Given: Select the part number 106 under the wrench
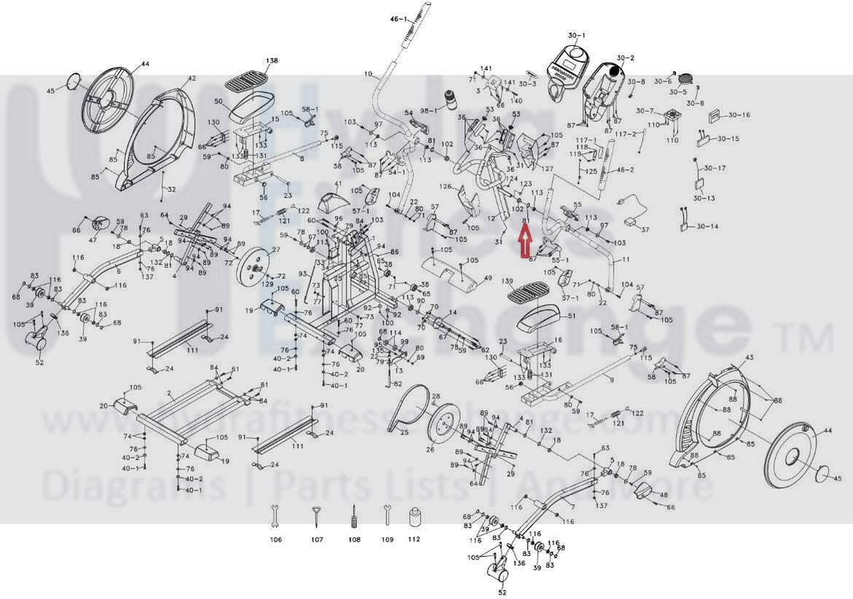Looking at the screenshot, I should [276, 540].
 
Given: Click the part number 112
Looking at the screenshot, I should [414, 540].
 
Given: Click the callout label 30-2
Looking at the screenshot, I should [626, 58].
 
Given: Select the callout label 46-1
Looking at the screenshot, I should [399, 18].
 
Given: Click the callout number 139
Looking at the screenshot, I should [508, 281].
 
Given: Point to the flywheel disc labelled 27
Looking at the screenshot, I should [253, 264].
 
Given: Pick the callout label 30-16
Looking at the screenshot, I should [739, 115].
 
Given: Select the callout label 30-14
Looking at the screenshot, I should [707, 227].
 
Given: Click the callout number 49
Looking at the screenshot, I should [488, 278].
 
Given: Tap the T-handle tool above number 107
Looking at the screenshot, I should [316, 516].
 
